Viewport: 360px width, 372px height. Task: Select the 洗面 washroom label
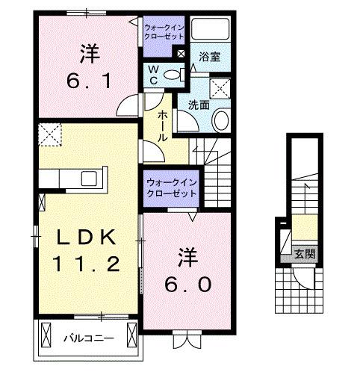[197, 105]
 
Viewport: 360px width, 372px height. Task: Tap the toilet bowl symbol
[173, 74]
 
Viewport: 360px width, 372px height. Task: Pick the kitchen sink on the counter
[89, 179]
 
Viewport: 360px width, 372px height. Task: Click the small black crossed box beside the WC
[180, 53]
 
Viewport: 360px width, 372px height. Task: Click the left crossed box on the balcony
[46, 337]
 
